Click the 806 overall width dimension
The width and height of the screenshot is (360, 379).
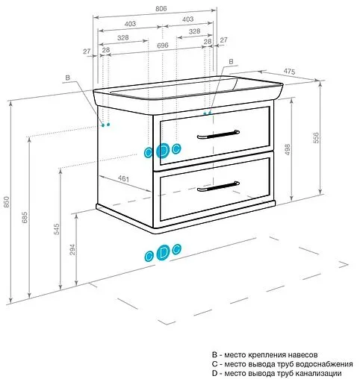(x=161, y=9)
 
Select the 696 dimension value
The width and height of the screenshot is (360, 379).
(x=163, y=46)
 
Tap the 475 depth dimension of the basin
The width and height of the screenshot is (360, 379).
(x=289, y=72)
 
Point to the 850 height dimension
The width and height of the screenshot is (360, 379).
(x=7, y=201)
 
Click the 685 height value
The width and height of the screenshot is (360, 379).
(x=25, y=217)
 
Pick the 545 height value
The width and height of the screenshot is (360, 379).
(x=57, y=229)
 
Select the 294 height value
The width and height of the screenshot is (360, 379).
(x=72, y=250)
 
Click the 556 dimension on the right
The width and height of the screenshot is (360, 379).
(x=316, y=138)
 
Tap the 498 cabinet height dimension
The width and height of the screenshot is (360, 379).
(x=287, y=149)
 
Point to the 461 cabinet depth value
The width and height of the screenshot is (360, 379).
(x=123, y=178)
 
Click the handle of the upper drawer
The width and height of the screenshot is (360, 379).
(x=218, y=134)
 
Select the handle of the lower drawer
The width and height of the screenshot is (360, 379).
(x=218, y=187)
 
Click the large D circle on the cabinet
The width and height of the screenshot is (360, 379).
(x=163, y=151)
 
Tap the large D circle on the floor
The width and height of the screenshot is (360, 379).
(x=163, y=253)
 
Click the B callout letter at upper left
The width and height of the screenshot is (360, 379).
(x=67, y=78)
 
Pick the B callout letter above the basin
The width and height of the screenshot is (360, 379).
(x=231, y=61)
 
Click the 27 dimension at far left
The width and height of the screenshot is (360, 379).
(x=87, y=51)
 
